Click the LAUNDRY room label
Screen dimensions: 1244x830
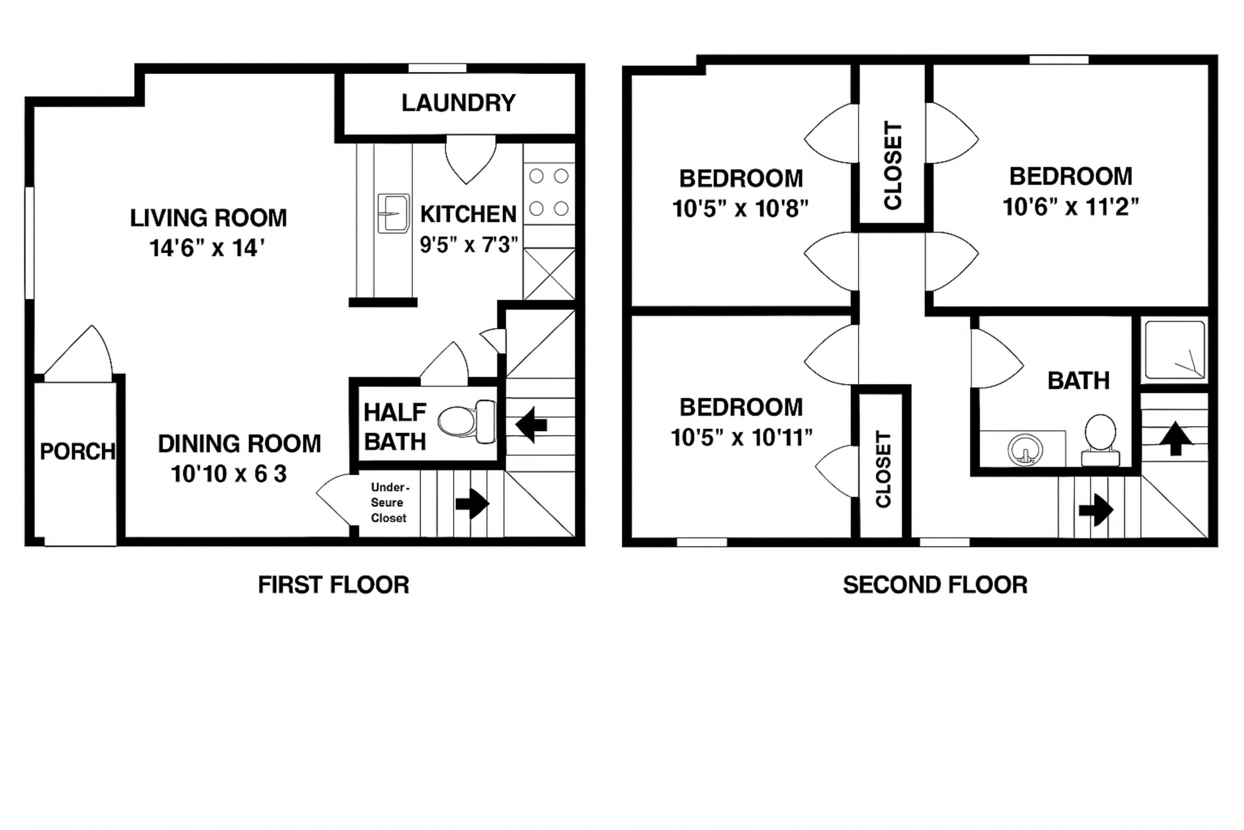pos(458,103)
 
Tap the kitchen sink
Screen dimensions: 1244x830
pos(393,213)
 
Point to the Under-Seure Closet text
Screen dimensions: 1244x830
pos(389,502)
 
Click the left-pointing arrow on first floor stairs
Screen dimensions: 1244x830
pos(531,424)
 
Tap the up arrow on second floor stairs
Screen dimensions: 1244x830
pos(1175,438)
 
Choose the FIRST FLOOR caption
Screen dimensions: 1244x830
pos(333,585)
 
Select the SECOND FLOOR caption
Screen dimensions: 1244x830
pos(935,585)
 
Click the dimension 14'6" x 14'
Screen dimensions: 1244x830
pos(207,248)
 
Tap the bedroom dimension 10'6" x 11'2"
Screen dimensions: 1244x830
pos(1070,206)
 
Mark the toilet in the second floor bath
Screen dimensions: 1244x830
pos(1100,440)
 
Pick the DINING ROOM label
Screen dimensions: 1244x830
pos(239,443)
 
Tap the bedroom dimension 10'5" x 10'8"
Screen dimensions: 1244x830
pos(740,209)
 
